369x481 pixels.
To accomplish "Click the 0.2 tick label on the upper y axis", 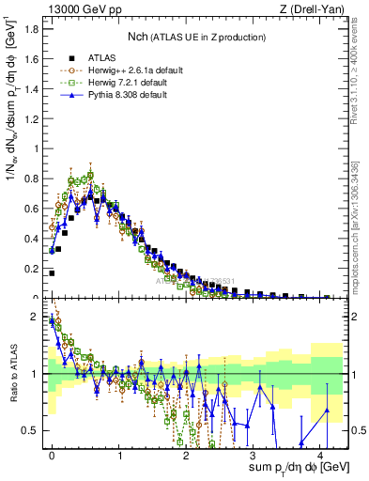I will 31,268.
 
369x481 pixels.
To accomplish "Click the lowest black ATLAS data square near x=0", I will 52,273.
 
